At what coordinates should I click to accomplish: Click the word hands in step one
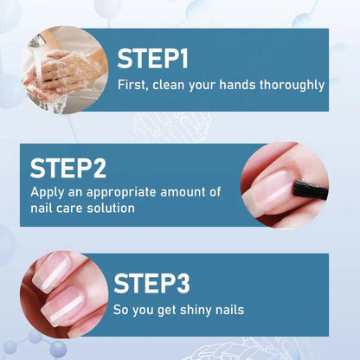(x=237, y=85)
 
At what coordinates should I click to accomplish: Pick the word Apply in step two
(x=47, y=192)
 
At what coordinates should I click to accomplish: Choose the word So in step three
(x=122, y=309)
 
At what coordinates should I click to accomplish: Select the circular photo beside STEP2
(x=285, y=184)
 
